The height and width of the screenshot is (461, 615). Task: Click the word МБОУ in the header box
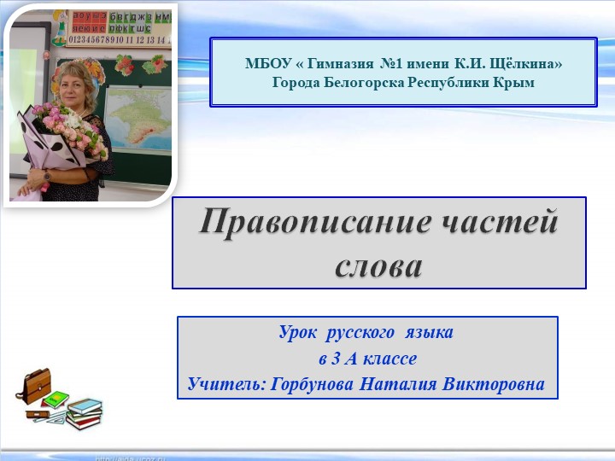point(264,63)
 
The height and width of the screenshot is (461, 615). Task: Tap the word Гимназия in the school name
point(337,63)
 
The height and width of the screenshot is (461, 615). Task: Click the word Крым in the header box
point(515,83)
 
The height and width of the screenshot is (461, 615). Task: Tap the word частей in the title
point(503,224)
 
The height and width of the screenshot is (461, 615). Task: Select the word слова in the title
point(378,266)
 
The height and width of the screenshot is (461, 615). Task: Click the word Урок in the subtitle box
point(297,331)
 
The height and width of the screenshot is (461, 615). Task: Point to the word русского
point(359,331)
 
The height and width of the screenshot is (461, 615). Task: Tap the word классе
point(389,358)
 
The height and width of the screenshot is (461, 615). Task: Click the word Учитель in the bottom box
point(225,384)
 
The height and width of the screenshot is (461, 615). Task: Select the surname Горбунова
point(312,384)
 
